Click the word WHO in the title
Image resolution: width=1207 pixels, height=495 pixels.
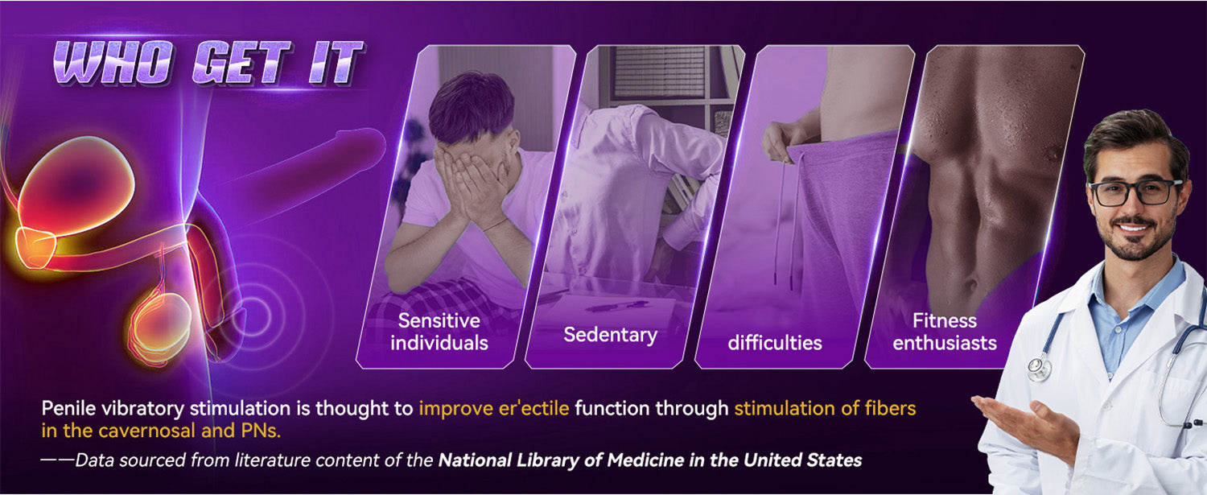[114, 63]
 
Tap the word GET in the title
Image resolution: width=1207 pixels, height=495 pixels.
[242, 63]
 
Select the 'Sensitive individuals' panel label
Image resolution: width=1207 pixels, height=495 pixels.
[439, 332]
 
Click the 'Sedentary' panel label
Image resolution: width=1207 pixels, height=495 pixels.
[610, 335]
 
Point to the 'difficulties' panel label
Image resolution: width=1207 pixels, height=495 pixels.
[775, 343]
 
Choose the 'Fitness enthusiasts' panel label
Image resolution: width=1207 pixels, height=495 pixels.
[945, 332]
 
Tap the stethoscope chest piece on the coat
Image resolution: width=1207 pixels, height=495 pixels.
[1039, 369]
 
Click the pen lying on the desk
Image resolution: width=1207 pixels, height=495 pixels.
[616, 307]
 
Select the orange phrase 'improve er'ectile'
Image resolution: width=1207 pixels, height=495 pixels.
[493, 408]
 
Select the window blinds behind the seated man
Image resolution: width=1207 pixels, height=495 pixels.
[660, 72]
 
